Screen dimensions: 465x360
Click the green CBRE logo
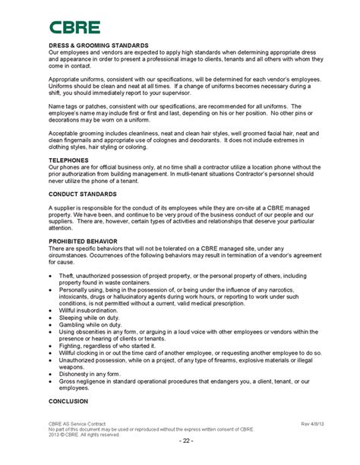(74, 28)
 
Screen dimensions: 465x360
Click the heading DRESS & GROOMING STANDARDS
(98, 46)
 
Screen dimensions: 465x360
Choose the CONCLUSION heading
(68, 400)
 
